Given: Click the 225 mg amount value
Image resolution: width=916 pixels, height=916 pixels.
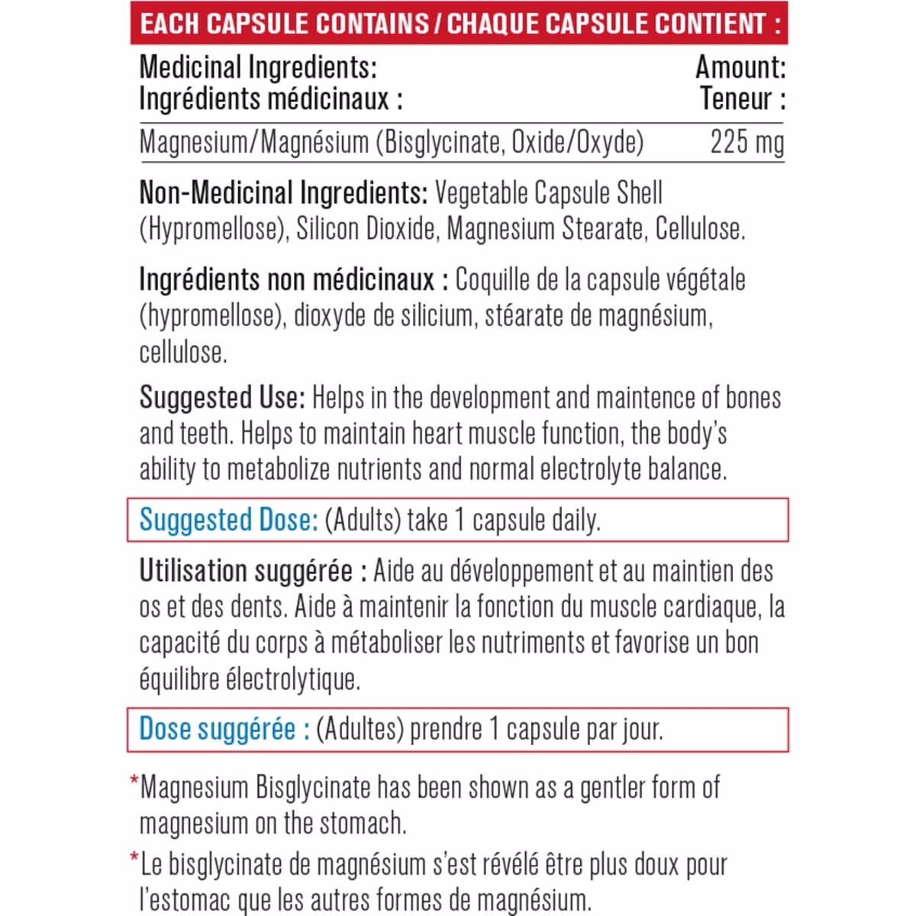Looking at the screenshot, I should [x=747, y=143].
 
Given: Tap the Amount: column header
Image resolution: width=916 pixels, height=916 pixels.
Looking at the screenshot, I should [x=740, y=68].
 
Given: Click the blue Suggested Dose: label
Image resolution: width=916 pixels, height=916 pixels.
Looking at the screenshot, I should [x=228, y=520].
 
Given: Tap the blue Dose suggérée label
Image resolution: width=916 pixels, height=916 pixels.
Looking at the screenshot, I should [x=224, y=729].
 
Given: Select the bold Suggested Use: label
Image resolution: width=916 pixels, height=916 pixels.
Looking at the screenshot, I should [x=222, y=398].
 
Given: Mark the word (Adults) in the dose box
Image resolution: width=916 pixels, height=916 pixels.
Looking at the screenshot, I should [x=363, y=521].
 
